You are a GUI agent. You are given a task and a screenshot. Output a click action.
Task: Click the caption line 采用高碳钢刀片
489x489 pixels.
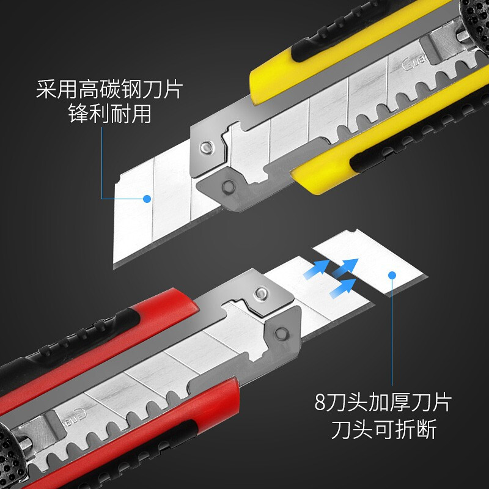109,89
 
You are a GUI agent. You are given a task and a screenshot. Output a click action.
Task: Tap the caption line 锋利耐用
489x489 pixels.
110,114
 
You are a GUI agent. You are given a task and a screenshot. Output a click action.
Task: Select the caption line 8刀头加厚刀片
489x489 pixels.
383,403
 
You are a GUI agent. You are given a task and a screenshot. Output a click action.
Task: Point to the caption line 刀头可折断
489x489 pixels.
384,429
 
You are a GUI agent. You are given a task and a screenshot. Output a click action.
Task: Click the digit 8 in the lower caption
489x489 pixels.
320,403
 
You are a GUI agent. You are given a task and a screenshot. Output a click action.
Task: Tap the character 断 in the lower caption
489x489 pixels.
426,429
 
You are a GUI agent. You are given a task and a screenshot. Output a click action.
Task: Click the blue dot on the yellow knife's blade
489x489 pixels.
147,199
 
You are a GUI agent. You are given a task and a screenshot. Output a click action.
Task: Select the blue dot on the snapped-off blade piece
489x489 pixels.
392,275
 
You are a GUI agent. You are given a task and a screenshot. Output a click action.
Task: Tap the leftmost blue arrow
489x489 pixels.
317,269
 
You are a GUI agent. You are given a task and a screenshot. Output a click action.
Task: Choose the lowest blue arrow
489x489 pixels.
343,288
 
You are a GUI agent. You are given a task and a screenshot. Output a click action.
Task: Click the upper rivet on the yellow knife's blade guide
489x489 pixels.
207,147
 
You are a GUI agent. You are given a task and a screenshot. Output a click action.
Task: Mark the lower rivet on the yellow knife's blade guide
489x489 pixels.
229,186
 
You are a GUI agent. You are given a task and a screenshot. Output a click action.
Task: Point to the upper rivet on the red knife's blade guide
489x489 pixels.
261,293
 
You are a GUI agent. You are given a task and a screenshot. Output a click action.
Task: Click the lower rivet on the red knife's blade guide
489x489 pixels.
282,334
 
